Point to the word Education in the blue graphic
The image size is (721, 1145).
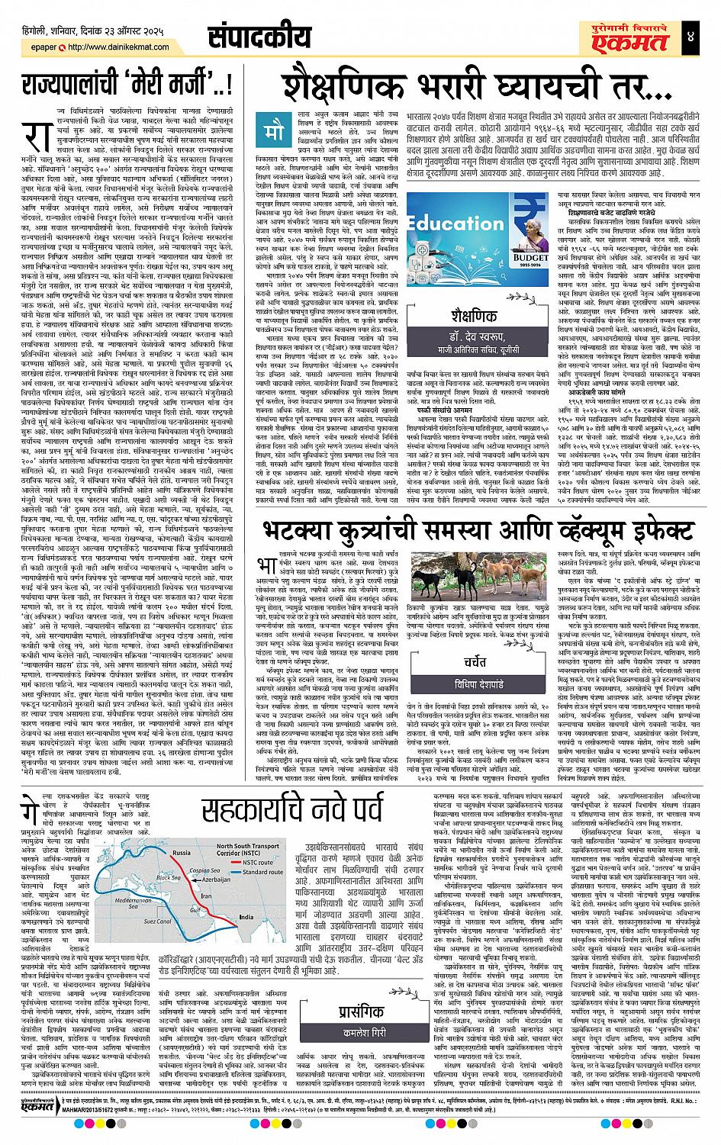click(x=458, y=223)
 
